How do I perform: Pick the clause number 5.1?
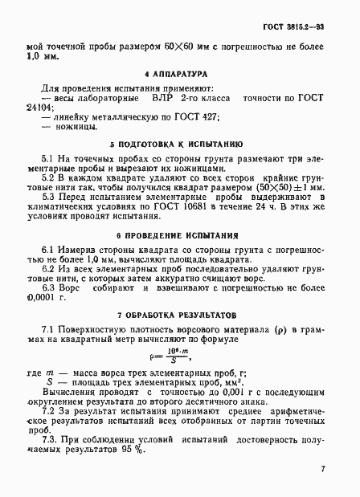pyautogui.click(x=46, y=159)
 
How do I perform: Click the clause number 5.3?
pyautogui.click(x=46, y=196)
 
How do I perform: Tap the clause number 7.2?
pyautogui.click(x=47, y=411)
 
